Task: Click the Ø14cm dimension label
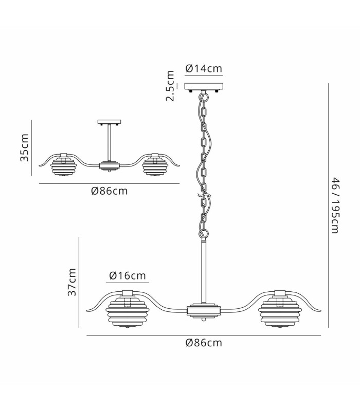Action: coord(204,68)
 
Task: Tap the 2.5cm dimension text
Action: coord(170,86)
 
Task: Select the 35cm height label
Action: coord(24,147)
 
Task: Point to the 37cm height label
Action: coord(71,282)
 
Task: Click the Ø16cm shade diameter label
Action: coord(127,275)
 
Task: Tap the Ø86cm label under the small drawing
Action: coord(110,191)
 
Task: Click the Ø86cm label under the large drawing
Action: coord(204,343)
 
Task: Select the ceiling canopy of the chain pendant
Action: coord(204,87)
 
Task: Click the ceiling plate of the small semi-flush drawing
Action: coord(109,122)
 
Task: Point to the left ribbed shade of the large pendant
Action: coord(128,312)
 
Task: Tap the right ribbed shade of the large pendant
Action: coord(280,312)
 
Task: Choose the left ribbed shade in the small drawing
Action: coord(63,166)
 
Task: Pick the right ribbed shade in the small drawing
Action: coord(155,166)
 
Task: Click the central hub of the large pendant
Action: coord(203,311)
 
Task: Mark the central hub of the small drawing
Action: coord(109,166)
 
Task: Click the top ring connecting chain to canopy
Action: coord(204,96)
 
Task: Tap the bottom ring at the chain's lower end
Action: coord(204,233)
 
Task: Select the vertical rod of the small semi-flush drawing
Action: coord(109,143)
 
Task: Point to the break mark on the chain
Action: coord(204,196)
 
